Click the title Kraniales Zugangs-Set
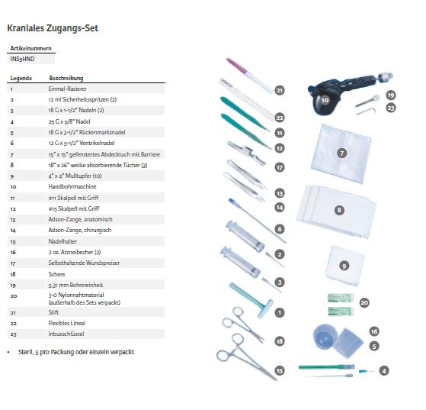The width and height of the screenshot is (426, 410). (x=53, y=28)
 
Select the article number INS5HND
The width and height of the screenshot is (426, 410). (x=22, y=59)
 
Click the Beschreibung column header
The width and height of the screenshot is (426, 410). (x=66, y=78)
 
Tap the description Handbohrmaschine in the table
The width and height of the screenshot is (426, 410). (x=72, y=186)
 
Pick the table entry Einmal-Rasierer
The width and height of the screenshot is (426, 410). (x=67, y=89)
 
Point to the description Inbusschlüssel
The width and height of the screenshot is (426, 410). (x=66, y=334)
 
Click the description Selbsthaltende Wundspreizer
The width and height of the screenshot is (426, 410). (x=84, y=263)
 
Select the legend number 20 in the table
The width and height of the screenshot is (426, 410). (x=13, y=295)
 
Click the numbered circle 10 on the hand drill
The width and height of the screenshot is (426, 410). (x=325, y=100)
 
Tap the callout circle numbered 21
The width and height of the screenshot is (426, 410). (x=280, y=90)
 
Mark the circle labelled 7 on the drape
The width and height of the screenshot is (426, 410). (x=341, y=153)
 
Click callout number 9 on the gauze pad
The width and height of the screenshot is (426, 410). (x=344, y=266)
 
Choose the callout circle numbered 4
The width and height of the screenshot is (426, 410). (x=384, y=370)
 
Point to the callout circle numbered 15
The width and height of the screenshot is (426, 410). (x=280, y=370)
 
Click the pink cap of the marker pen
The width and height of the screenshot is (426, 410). (x=235, y=66)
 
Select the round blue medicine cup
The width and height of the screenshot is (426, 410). (x=325, y=336)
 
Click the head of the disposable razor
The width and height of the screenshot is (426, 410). (x=265, y=308)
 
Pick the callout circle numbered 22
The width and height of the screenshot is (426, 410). (x=280, y=118)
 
